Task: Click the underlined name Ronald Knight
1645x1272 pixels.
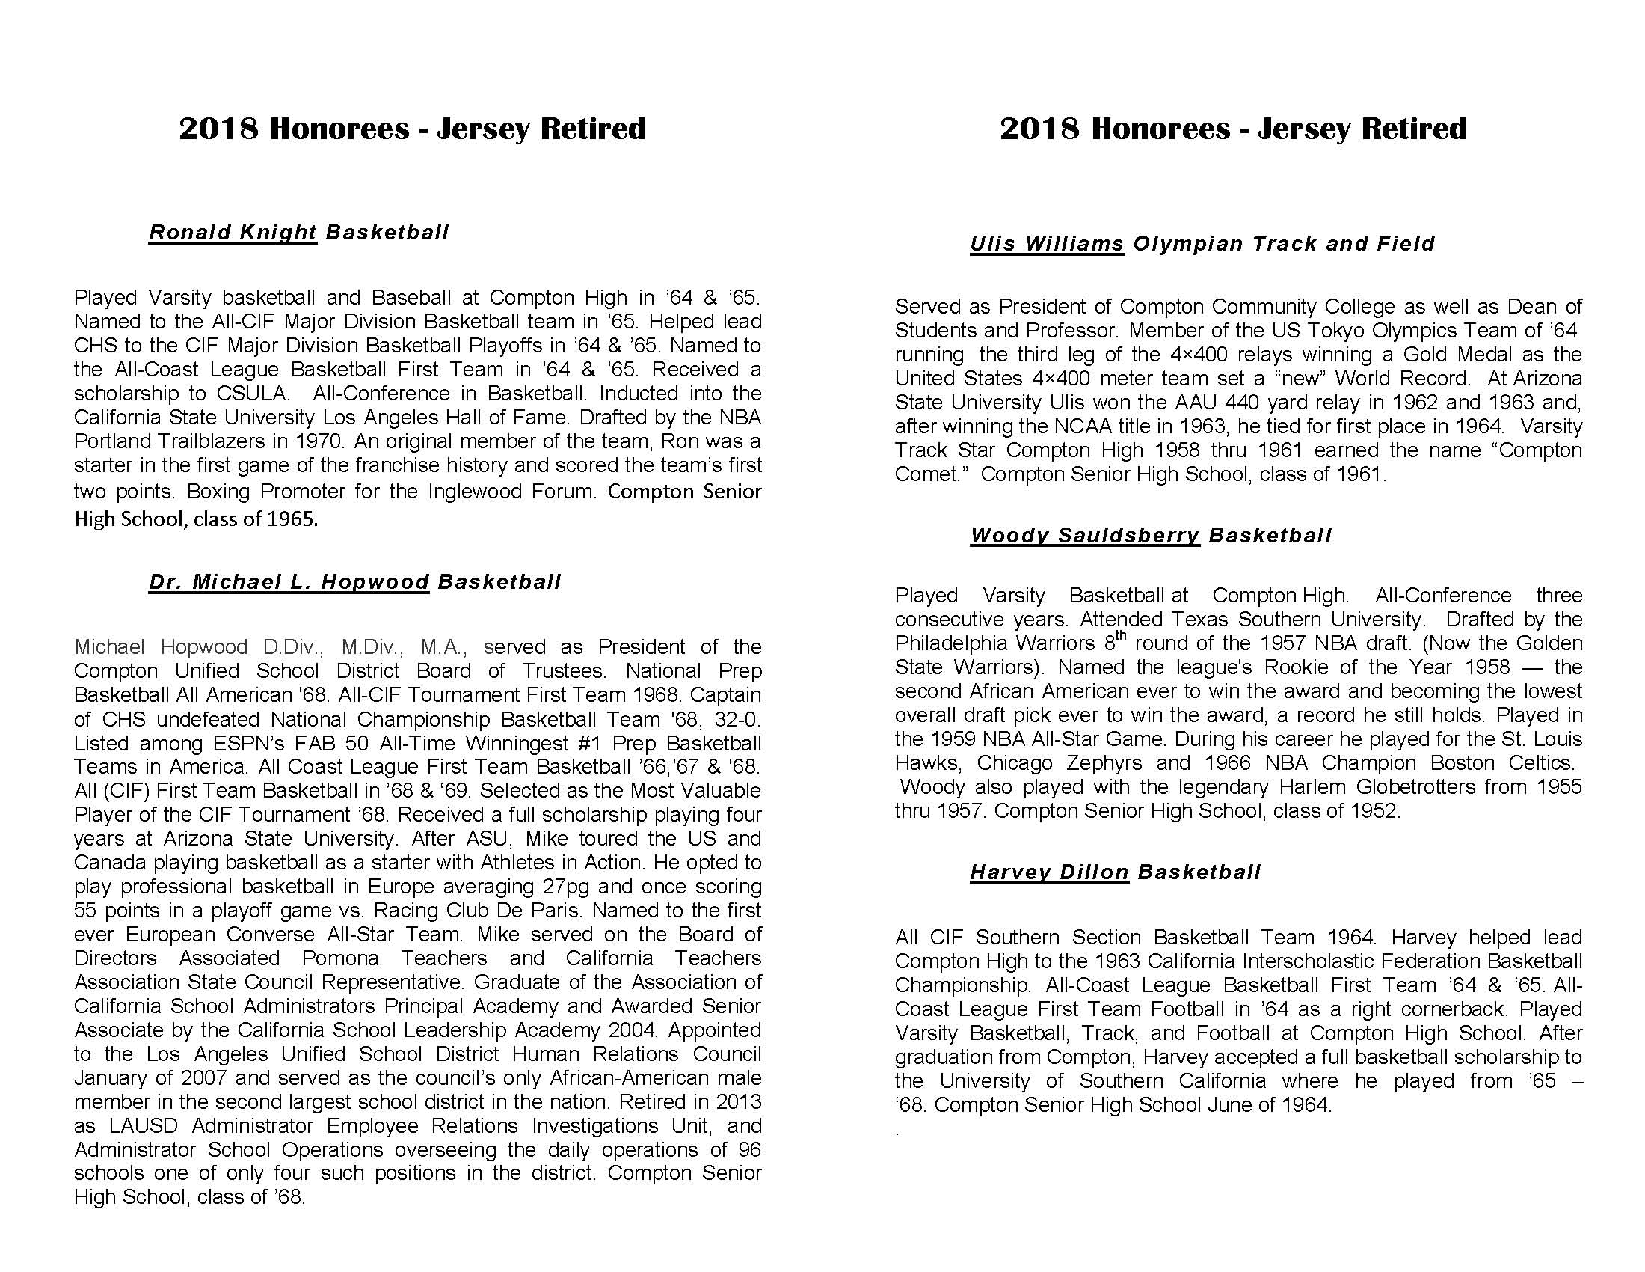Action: pos(232,233)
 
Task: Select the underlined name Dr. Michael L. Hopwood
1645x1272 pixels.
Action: pos(289,582)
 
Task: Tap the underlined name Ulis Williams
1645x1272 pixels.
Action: pos(1047,244)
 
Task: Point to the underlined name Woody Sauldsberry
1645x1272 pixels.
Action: pos(1085,536)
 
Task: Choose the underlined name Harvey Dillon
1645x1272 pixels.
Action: pos(1049,872)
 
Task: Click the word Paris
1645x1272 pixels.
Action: pos(554,911)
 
